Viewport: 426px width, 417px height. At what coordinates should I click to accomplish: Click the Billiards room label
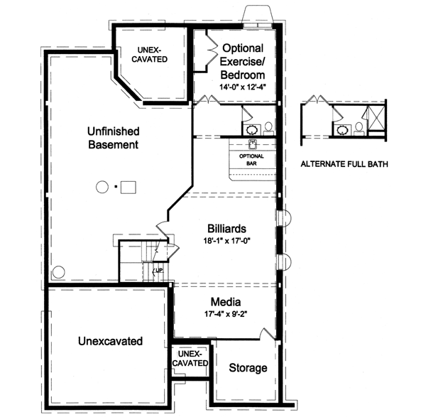(x=227, y=229)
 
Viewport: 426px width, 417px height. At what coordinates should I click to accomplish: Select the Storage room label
(x=248, y=368)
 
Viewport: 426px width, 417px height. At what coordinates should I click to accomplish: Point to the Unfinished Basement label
(x=113, y=138)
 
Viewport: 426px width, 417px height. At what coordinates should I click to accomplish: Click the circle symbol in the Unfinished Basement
(x=101, y=188)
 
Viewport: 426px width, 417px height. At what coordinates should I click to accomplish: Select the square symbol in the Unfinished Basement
(x=128, y=188)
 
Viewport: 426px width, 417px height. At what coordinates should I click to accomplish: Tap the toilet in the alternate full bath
(x=359, y=127)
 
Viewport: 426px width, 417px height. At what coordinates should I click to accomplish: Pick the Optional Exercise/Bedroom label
(x=244, y=61)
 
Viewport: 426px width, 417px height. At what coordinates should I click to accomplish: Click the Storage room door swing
(x=268, y=335)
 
